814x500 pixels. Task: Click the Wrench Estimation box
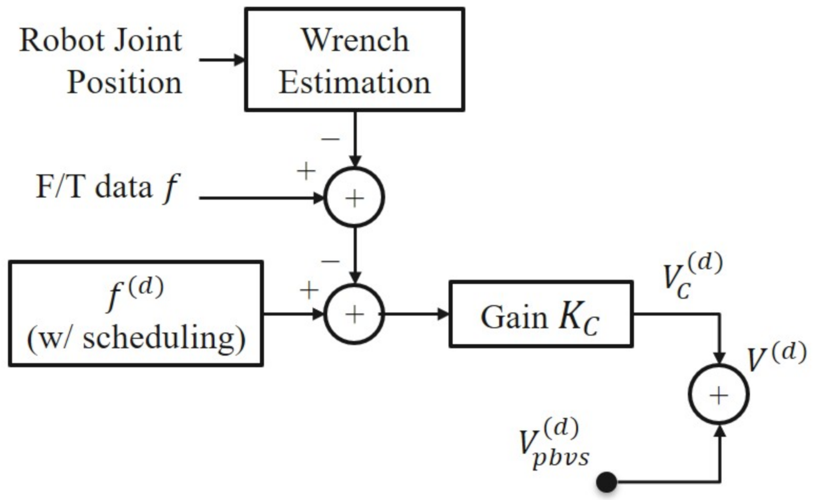[x=354, y=59]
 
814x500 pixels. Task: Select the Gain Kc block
[x=541, y=314]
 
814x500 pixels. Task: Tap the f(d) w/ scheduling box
[x=136, y=314]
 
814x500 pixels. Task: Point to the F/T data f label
[x=107, y=187]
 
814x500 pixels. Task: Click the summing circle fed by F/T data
[x=354, y=198]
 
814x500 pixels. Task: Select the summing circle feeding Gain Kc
[x=354, y=314]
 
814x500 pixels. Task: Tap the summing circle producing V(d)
[x=719, y=395]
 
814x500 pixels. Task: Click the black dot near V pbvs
[x=607, y=482]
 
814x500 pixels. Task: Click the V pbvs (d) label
[x=553, y=443]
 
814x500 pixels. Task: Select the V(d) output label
[x=776, y=357]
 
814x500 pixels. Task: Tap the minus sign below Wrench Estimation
[x=330, y=139]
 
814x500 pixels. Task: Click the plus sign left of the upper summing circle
[x=306, y=171]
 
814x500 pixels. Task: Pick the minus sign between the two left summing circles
[x=330, y=261]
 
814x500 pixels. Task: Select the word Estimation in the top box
[x=354, y=82]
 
